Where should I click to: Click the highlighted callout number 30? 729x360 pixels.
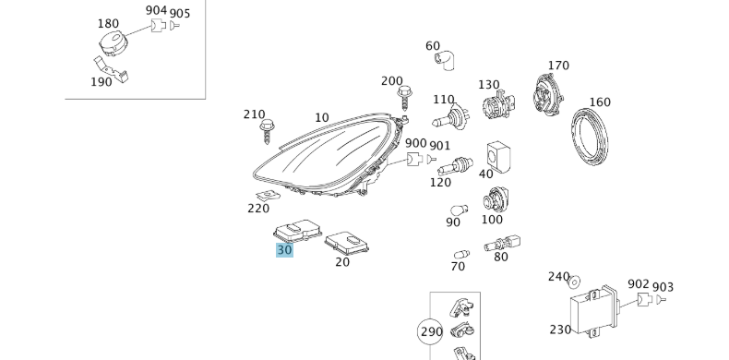tap(284, 250)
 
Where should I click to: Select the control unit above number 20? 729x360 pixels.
tap(346, 243)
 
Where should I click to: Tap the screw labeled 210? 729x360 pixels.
tap(267, 132)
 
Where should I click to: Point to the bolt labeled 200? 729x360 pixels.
tap(404, 99)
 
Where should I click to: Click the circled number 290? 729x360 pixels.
tap(432, 331)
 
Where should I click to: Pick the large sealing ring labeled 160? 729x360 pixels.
tap(589, 137)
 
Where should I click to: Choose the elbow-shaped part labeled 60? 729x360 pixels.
tap(445, 61)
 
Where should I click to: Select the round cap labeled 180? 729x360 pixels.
tap(113, 42)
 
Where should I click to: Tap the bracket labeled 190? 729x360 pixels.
tap(111, 69)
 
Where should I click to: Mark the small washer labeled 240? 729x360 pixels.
tap(575, 282)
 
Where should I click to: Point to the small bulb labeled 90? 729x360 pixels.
tap(459, 210)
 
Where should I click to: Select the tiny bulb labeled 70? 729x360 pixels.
tap(461, 255)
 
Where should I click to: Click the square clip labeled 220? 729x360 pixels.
tap(269, 196)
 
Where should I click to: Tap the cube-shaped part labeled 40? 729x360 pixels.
tap(498, 157)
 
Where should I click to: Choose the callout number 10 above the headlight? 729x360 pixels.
tap(322, 117)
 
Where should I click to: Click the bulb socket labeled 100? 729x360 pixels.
tap(496, 199)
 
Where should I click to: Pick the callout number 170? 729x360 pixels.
tap(558, 66)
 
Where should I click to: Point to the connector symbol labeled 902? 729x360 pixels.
tap(643, 299)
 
